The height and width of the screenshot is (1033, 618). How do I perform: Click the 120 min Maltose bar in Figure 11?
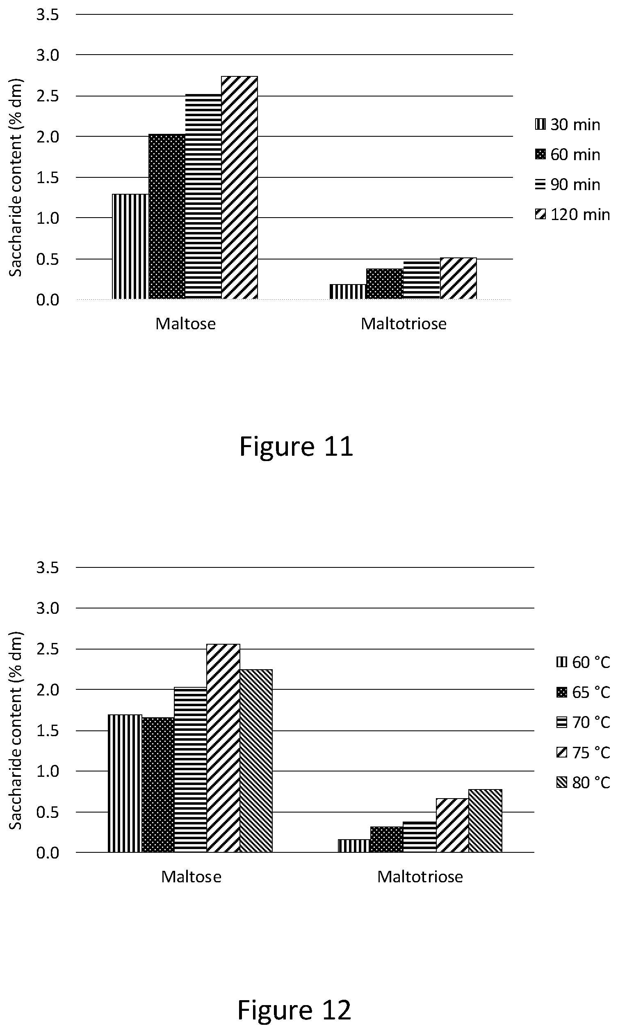coord(239,188)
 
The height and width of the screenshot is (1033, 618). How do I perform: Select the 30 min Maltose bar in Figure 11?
coord(130,246)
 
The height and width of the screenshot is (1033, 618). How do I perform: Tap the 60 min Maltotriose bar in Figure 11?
coord(385,283)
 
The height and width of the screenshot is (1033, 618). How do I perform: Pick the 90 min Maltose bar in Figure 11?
coord(203,196)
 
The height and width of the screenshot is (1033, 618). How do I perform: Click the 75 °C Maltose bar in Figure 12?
coord(223,748)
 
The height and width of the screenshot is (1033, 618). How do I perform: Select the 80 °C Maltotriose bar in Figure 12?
coord(485,821)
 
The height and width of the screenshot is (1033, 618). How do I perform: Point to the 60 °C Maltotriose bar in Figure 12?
coord(354,846)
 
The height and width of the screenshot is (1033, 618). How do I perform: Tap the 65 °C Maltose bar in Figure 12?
coord(158,785)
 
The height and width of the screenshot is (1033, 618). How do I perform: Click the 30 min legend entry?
coord(568,125)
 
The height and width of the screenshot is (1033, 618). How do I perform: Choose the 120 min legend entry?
coord(572,214)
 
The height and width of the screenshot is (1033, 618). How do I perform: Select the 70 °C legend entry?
coord(583,722)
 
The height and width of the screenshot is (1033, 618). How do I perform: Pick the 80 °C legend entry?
coord(583,783)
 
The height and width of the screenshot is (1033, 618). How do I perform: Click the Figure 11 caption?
coord(296,446)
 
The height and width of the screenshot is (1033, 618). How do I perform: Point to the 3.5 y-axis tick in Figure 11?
coord(48,15)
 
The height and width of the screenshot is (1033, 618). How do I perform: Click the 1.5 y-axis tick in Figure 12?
coord(48,731)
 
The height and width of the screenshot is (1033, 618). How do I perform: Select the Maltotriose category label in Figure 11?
coord(404,324)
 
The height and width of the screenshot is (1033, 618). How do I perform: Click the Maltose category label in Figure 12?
coord(191,877)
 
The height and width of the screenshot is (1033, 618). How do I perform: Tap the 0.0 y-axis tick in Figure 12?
coord(48,853)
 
